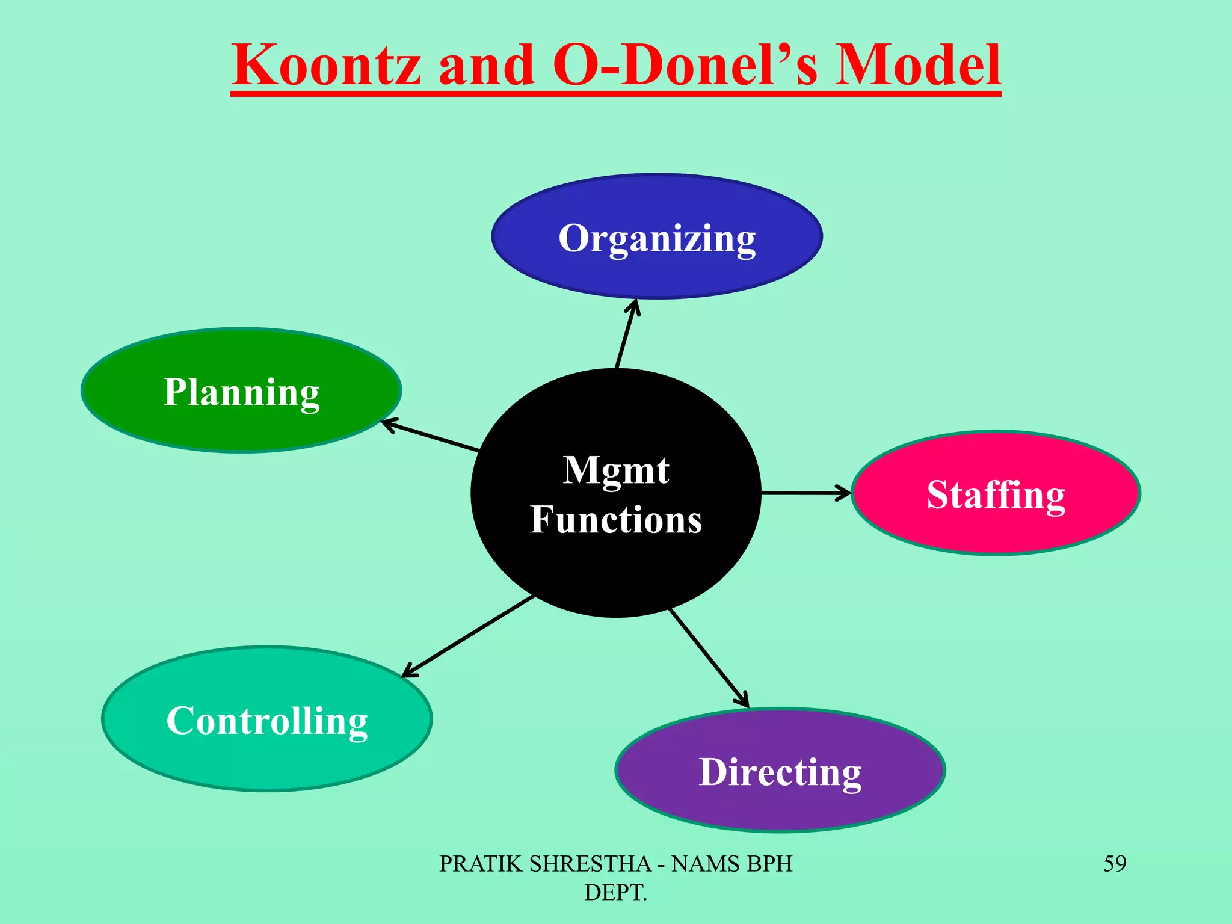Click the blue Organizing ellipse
coord(657,236)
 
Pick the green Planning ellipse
coord(241,390)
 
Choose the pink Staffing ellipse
coord(996,493)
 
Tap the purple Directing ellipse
coord(780,771)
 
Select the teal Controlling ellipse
coord(267,719)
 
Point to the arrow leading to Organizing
coord(626,333)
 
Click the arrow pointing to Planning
coord(431,437)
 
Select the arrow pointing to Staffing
coord(806,493)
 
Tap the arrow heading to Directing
coord(710,658)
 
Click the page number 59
coord(1115,864)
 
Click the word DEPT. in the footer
coord(615,893)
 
